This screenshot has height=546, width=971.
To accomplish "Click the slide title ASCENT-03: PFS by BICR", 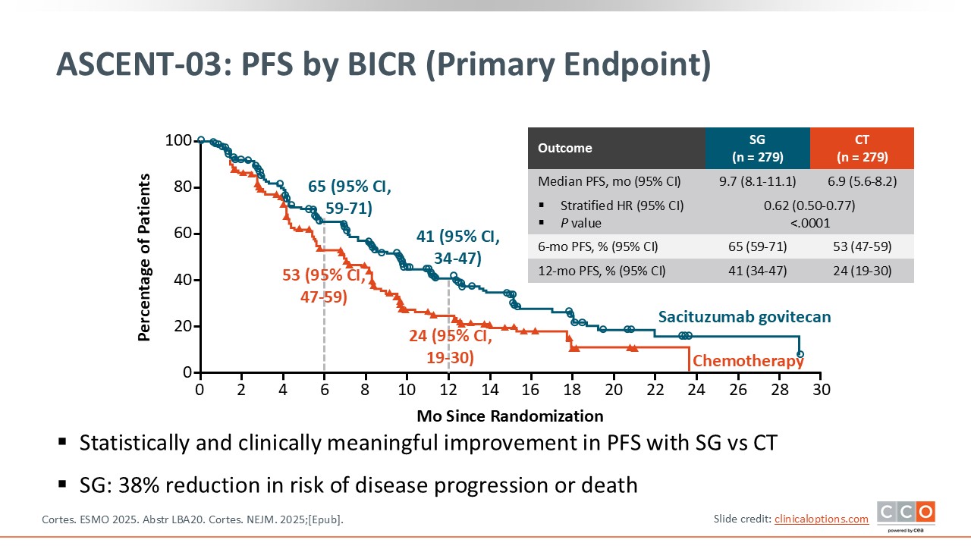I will pos(383,66).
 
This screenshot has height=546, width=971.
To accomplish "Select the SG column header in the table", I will pos(757,149).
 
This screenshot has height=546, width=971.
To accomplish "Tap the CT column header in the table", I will pos(862,149).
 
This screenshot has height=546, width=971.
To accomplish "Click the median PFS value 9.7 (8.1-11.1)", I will pos(757,182).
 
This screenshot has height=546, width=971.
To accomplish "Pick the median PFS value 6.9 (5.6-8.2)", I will pos(862,182).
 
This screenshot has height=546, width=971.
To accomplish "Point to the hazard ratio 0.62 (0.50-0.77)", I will pos(809,206).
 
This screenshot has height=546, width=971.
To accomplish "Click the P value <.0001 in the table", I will pos(809,223).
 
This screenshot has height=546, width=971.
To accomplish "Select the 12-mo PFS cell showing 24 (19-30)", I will pos(862,271).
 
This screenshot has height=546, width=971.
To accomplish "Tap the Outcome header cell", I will pos(565,149).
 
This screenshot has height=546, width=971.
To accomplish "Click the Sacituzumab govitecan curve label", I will pos(744,317).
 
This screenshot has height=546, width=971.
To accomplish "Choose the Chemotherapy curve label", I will pos(748,361).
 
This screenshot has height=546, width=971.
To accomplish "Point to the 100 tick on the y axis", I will pos(178,141).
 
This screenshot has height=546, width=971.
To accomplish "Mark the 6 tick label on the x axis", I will pos(324,390).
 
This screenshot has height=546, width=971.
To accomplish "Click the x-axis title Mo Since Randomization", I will pos(510,416).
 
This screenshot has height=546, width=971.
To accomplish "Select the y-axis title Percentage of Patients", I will pos(144,257).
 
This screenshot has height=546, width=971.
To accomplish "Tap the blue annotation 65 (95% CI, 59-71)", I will pos(350,197).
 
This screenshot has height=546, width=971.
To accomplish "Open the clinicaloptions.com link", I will pos(822,519).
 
